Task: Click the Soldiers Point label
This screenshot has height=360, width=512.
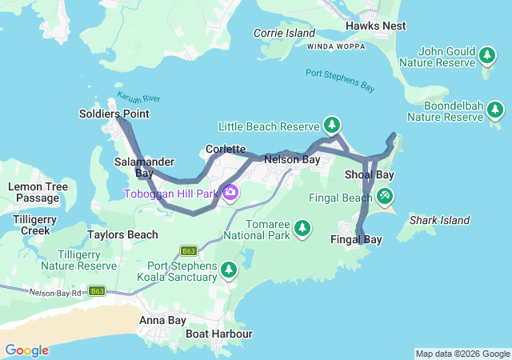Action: point(114,114)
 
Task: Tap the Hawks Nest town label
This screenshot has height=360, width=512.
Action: point(375,26)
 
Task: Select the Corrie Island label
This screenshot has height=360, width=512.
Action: point(284,33)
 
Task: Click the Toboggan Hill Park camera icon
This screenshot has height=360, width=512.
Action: point(230,193)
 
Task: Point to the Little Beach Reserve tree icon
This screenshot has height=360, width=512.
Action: point(332,126)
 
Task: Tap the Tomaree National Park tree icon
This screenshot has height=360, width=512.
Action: point(302,229)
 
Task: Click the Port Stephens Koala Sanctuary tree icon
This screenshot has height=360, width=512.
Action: point(230,270)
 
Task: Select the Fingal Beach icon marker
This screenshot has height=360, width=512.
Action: point(385,196)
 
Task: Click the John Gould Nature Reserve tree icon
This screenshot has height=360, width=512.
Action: point(486,55)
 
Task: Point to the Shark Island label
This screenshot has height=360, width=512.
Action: point(439,220)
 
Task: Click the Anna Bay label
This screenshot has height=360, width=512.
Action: point(162,321)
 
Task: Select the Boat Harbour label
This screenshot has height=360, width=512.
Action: point(218,334)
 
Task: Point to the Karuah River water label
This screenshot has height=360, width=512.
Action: point(138,98)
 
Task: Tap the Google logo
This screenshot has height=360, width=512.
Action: point(26,350)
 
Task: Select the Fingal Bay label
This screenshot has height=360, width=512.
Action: point(356,239)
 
